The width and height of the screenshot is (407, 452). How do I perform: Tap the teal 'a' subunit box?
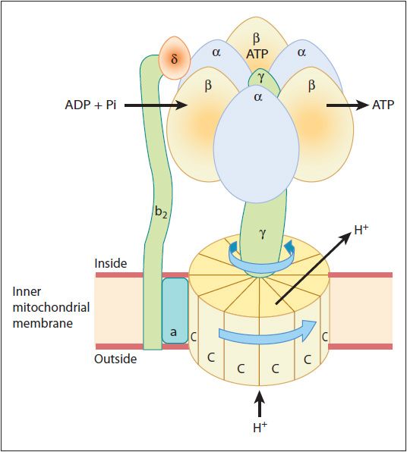175,311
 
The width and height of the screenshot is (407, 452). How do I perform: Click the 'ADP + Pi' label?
90,105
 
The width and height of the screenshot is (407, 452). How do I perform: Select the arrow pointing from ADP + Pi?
156,105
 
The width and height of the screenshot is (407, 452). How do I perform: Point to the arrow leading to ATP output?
348,105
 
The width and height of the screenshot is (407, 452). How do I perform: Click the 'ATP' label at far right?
383,105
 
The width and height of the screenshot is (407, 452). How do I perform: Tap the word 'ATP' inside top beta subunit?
257,54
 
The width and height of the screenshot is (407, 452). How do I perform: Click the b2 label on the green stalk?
161,213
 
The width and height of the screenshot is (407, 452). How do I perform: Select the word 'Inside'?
111,263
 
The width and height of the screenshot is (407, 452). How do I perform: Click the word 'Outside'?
115,359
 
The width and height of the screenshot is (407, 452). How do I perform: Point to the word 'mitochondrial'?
51,307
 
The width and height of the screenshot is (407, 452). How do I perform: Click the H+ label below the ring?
260,427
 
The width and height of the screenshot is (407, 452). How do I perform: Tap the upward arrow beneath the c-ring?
260,404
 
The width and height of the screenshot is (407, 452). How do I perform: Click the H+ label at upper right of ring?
361,231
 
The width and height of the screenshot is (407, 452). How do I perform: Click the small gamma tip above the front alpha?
261,78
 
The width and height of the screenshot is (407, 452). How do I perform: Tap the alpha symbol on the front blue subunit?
258,97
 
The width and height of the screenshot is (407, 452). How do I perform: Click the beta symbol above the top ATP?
257,38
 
